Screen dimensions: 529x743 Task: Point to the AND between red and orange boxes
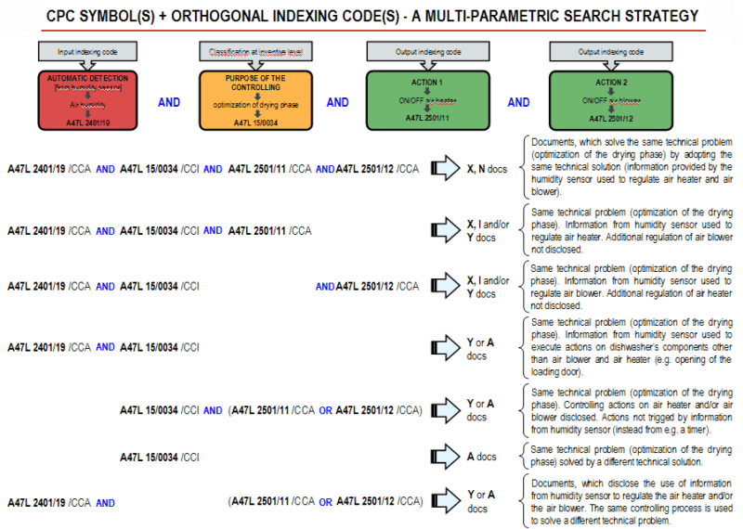pos(169,103)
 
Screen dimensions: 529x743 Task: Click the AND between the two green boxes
pos(518,103)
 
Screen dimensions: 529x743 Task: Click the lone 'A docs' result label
pos(481,457)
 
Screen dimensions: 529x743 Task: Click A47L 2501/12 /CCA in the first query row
pos(377,170)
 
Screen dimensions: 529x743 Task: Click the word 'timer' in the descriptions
pos(692,431)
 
